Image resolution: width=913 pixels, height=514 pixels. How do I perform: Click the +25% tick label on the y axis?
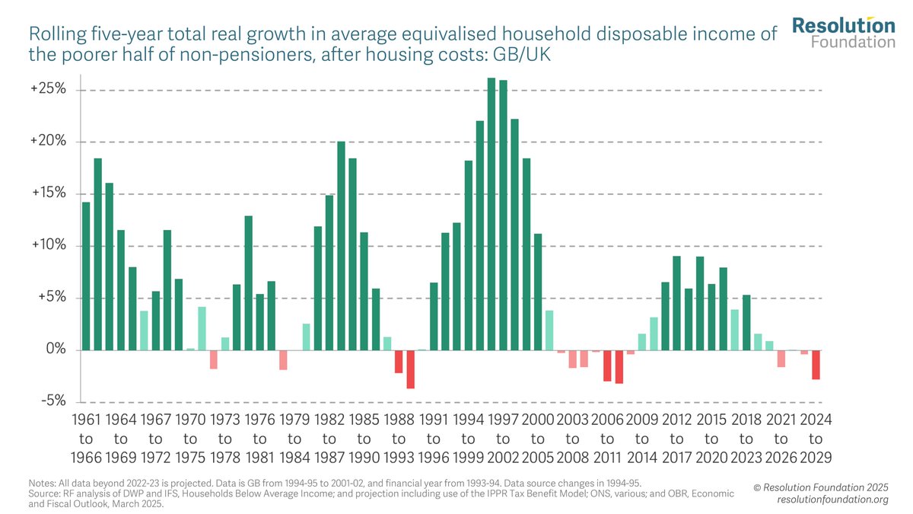point(49,90)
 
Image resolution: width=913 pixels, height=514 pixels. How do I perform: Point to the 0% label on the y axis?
point(55,350)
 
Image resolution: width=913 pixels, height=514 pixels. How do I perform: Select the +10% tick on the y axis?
point(49,246)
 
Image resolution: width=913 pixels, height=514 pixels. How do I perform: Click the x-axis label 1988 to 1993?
point(399,439)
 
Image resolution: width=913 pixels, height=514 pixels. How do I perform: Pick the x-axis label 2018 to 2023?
point(746,439)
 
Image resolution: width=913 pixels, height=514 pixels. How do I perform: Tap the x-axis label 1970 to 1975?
point(190,439)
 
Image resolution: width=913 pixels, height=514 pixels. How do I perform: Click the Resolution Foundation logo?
point(843,33)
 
